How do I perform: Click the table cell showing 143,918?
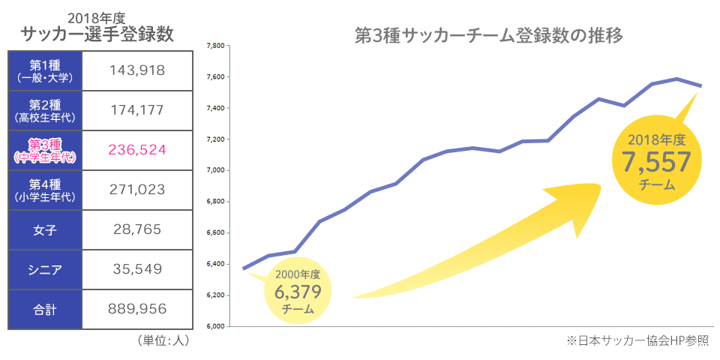136,70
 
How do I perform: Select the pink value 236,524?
136,150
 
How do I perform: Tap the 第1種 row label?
45,70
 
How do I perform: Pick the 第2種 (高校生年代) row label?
45,110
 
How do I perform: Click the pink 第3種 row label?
45,150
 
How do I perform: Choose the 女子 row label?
45,229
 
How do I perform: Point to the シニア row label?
45,269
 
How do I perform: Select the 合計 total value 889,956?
136,309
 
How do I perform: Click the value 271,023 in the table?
136,190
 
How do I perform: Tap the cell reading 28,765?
136,229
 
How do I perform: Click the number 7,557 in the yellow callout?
657,160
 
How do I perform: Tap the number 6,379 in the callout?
298,291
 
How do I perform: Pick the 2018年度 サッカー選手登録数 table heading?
97,28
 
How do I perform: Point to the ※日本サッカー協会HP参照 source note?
637,341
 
